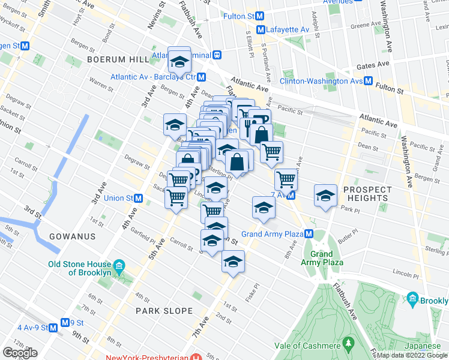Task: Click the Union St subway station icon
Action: pyautogui.click(x=139, y=198)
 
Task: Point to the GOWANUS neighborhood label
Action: pyautogui.click(x=73, y=236)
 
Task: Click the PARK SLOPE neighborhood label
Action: pyautogui.click(x=164, y=311)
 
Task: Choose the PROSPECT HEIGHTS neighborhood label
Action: pyautogui.click(x=367, y=194)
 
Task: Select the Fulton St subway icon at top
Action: pyautogui.click(x=259, y=16)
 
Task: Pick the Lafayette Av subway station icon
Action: pyautogui.click(x=261, y=29)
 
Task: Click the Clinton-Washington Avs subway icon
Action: pyautogui.click(x=369, y=81)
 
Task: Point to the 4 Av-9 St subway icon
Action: pyautogui.click(x=53, y=328)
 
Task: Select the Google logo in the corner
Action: pyautogui.click(x=20, y=353)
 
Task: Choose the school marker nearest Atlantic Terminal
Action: pyautogui.click(x=179, y=61)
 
